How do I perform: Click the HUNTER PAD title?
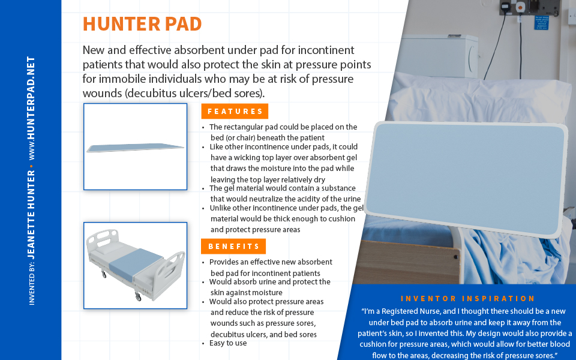(x=142, y=23)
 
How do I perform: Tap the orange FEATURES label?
(x=235, y=111)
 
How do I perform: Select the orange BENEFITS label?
(x=233, y=246)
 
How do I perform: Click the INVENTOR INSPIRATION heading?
(x=467, y=298)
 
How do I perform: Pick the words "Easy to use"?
(x=227, y=343)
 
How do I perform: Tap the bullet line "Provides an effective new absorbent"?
(x=271, y=262)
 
